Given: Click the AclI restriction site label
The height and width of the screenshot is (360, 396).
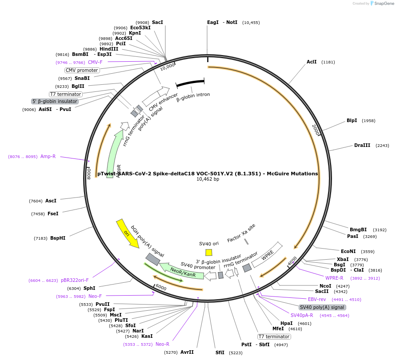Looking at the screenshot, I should (x=312, y=62).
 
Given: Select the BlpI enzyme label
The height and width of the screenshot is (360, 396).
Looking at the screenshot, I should (x=352, y=121).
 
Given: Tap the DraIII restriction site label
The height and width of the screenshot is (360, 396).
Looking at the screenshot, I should (x=362, y=146).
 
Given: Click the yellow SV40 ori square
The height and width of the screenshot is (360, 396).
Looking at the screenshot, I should (x=209, y=252).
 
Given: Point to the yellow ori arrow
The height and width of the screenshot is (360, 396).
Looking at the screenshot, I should (x=127, y=233).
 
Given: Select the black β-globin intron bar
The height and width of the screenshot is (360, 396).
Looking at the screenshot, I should (x=190, y=83).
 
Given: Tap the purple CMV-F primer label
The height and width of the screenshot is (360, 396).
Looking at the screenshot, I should (x=95, y=62).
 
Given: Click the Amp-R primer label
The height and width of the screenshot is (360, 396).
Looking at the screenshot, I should (x=48, y=156).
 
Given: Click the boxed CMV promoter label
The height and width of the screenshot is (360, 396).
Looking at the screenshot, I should (x=82, y=70).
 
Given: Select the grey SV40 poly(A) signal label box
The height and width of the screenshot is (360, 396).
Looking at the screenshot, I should (x=322, y=307).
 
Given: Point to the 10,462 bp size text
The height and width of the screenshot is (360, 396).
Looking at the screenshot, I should (x=208, y=179).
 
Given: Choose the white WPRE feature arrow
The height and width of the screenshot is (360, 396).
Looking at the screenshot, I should (x=267, y=255).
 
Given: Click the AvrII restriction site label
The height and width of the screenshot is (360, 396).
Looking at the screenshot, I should (x=187, y=352).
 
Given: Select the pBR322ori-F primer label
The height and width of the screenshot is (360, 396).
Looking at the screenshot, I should (x=75, y=281).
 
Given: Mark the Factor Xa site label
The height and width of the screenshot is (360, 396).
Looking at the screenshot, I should (x=241, y=233).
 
